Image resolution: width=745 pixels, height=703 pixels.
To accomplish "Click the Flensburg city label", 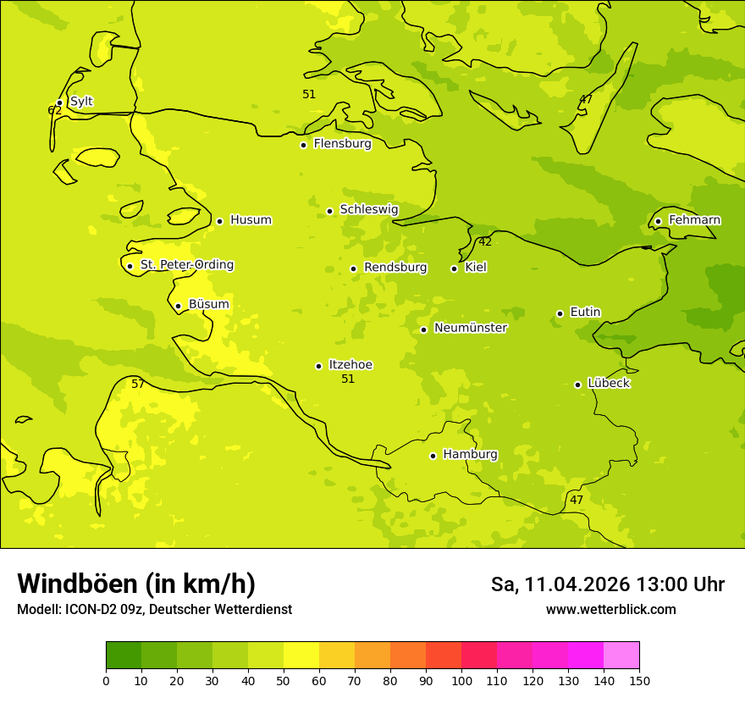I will pyautogui.click(x=342, y=144).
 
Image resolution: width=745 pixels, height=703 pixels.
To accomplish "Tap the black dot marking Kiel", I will pyautogui.click(x=455, y=268).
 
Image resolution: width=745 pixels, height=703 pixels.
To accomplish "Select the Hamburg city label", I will pyautogui.click(x=470, y=455).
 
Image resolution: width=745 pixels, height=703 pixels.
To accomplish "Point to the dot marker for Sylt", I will pyautogui.click(x=59, y=103).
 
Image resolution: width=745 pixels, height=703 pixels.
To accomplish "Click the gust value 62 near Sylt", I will pyautogui.click(x=54, y=111).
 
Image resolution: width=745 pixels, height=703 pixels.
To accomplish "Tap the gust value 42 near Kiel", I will pyautogui.click(x=485, y=242).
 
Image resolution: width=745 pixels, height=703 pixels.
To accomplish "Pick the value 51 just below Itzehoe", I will pyautogui.click(x=348, y=379).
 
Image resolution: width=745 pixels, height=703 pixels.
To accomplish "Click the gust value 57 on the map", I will pyautogui.click(x=138, y=385).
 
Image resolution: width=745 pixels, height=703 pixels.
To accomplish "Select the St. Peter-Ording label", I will pyautogui.click(x=186, y=265).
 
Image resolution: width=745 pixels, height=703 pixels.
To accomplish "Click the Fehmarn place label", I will pyautogui.click(x=694, y=220).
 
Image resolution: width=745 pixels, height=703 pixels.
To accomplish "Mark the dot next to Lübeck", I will pyautogui.click(x=577, y=385).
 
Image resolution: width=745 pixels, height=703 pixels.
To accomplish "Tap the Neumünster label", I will pyautogui.click(x=471, y=328).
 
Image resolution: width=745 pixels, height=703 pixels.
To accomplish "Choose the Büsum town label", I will pyautogui.click(x=208, y=305).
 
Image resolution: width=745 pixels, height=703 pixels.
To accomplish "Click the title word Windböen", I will pyautogui.click(x=76, y=584).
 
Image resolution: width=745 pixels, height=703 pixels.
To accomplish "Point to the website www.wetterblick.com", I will pyautogui.click(x=610, y=610).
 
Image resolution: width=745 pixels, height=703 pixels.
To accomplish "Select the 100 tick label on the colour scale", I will pyautogui.click(x=461, y=680).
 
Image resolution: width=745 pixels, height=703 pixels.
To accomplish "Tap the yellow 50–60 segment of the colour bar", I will pyautogui.click(x=301, y=656).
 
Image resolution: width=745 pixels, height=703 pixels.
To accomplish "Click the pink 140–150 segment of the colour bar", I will pyautogui.click(x=621, y=656).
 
